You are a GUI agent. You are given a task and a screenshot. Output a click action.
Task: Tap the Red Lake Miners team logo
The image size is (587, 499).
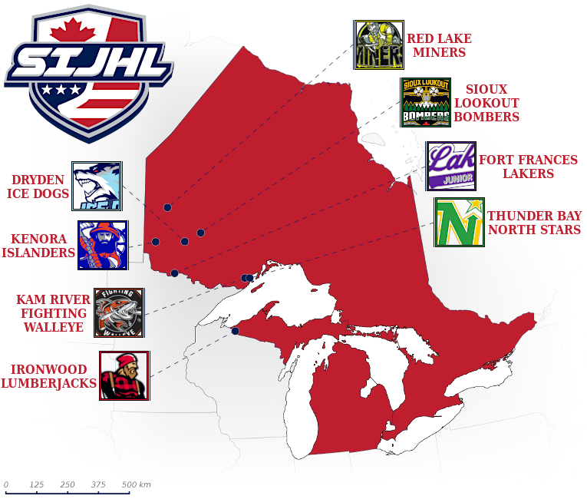pyautogui.click(x=378, y=45)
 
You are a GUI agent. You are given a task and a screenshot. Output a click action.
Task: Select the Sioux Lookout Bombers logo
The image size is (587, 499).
pyautogui.click(x=426, y=102)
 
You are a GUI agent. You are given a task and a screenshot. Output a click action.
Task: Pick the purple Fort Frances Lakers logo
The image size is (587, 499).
pyautogui.click(x=451, y=166)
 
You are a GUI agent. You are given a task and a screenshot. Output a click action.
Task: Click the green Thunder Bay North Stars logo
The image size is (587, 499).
pyautogui.click(x=459, y=222)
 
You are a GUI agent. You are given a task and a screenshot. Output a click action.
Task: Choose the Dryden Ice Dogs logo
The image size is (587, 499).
pyautogui.click(x=97, y=186)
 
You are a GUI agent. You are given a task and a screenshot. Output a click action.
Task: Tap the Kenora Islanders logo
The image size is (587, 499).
pyautogui.click(x=103, y=246)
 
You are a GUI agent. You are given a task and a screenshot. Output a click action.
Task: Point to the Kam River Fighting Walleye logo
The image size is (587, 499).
pyautogui.click(x=119, y=312)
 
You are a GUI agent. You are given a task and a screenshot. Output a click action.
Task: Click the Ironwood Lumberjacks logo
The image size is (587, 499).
pyautogui.click(x=124, y=375)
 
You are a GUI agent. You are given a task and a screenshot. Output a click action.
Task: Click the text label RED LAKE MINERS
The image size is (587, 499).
pyautogui.click(x=438, y=45)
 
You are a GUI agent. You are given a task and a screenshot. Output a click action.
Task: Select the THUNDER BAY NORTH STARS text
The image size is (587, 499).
pyautogui.click(x=534, y=223)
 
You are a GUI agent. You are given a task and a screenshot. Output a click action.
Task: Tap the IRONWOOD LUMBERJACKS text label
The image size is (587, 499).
pyautogui.click(x=48, y=376)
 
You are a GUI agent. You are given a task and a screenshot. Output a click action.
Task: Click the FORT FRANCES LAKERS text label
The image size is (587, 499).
pyautogui.click(x=528, y=167)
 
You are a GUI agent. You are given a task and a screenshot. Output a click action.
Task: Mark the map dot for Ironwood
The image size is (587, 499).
pyautogui.click(x=235, y=332)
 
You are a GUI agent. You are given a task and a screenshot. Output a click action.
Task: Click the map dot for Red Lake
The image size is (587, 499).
pyautogui.click(x=167, y=207)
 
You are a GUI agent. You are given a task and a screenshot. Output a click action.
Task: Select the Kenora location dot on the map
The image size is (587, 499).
pyautogui.click(x=155, y=242)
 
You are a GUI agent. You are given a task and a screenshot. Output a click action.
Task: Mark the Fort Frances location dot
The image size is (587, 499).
pyautogui.click(x=175, y=273)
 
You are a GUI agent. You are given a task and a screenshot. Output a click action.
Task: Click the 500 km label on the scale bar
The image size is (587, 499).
pyautogui.click(x=136, y=484)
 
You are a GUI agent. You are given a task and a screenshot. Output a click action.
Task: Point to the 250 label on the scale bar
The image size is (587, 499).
pyautogui.click(x=68, y=484)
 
